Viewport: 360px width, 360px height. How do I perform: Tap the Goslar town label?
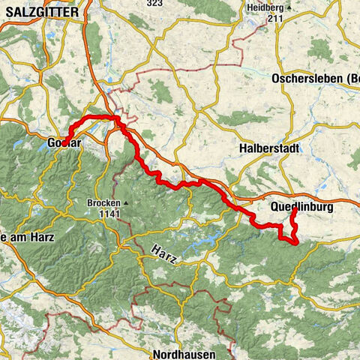63,142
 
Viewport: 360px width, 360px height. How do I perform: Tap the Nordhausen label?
182,353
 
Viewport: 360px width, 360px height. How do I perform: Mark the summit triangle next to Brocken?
127,203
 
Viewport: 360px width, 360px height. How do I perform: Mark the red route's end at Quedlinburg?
294,211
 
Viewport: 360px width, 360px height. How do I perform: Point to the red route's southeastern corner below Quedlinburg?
296,241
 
